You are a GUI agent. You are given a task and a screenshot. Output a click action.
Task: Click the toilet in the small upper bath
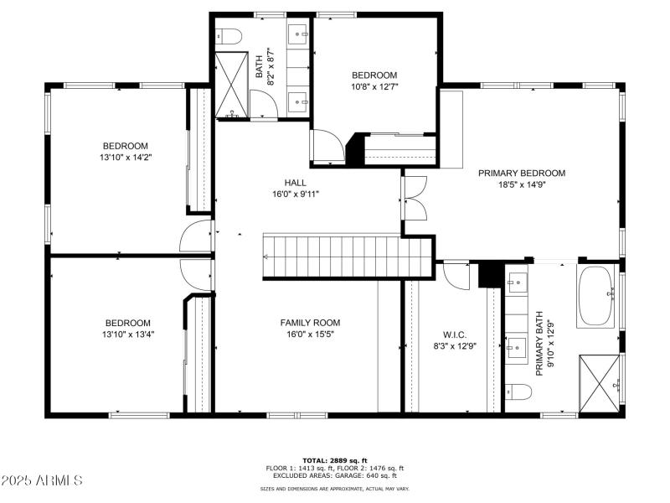click(229, 36)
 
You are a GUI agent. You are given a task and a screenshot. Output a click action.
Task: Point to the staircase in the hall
click(348, 256)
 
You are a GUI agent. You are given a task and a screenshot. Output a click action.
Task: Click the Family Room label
click(310, 323)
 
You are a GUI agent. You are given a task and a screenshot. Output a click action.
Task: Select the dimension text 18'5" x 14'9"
click(521, 185)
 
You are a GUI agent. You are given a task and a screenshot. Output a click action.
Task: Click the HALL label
click(295, 182)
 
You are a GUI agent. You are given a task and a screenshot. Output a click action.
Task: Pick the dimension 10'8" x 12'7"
click(374, 86)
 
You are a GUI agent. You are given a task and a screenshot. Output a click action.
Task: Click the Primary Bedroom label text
click(521, 174)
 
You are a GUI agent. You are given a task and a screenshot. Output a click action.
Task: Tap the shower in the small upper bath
click(230, 85)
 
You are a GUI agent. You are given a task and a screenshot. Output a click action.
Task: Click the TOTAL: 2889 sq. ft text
click(334, 460)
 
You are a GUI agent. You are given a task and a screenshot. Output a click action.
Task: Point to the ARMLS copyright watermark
click(42, 481)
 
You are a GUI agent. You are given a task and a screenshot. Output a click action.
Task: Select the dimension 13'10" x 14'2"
click(126, 157)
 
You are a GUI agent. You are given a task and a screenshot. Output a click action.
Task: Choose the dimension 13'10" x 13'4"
click(127, 334)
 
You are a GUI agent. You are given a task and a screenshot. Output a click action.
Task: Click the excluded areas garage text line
click(334, 475)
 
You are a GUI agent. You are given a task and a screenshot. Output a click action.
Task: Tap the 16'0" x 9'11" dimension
click(295, 194)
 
